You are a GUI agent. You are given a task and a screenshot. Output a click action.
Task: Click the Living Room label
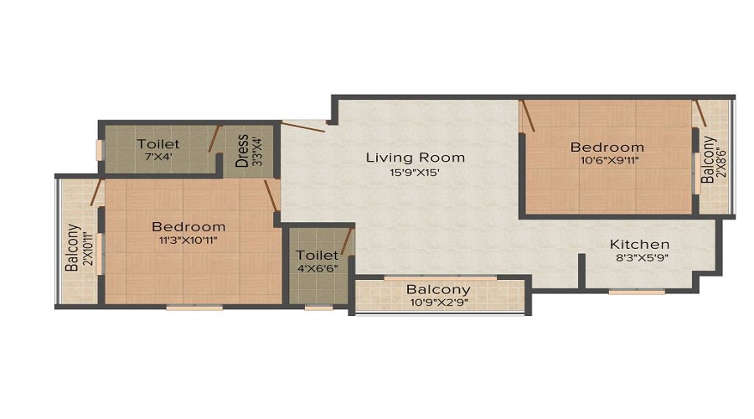pyautogui.click(x=415, y=158)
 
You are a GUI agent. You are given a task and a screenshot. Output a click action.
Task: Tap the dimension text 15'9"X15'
pyautogui.click(x=415, y=173)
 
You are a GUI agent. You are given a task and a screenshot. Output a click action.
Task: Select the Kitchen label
pyautogui.click(x=638, y=245)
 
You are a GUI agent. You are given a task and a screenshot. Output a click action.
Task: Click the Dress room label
pyautogui.click(x=242, y=152)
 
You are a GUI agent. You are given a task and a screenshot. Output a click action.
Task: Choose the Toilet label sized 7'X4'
pyautogui.click(x=158, y=144)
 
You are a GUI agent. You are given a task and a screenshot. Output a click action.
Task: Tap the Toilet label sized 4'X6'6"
pyautogui.click(x=317, y=255)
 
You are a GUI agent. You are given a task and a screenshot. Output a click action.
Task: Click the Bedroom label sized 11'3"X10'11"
pyautogui.click(x=188, y=226)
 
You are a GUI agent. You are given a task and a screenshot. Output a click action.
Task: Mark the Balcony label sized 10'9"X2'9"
pyautogui.click(x=438, y=290)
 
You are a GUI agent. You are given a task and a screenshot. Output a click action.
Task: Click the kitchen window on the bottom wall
pyautogui.click(x=637, y=292)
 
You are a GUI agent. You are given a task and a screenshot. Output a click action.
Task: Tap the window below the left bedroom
pyautogui.click(x=194, y=308)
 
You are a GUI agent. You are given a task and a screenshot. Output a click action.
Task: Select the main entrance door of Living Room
pyautogui.click(x=303, y=127)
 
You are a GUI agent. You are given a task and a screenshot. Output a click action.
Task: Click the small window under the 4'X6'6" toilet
pyautogui.click(x=318, y=308)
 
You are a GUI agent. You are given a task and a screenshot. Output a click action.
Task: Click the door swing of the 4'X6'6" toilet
pyautogui.click(x=346, y=240)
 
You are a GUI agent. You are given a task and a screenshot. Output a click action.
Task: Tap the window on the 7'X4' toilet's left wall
pyautogui.click(x=99, y=149)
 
